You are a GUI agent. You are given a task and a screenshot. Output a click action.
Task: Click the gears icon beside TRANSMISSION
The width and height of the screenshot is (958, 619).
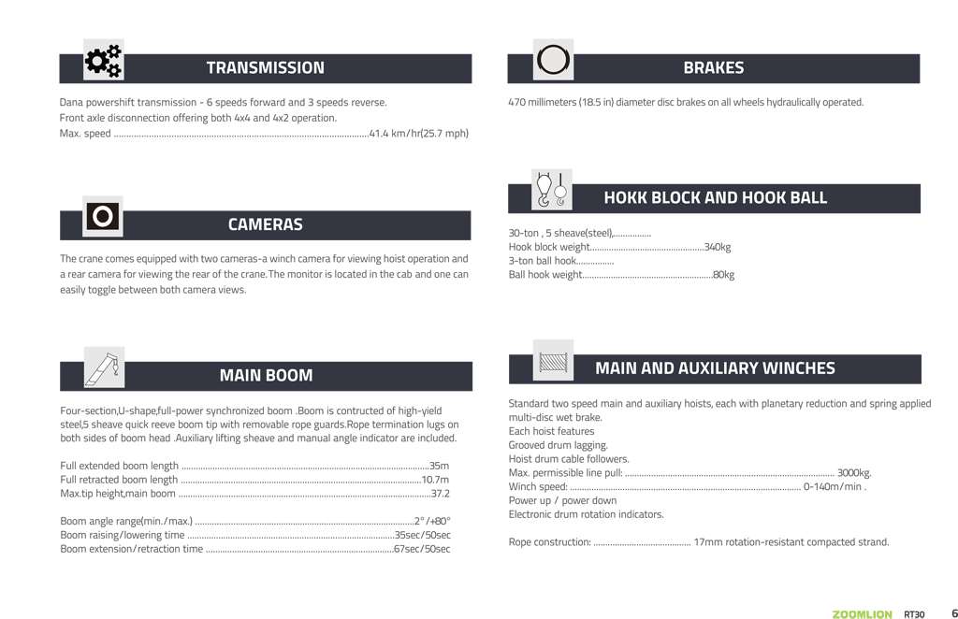point(103,61)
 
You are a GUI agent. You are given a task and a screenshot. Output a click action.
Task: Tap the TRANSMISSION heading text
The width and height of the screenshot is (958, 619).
point(265,68)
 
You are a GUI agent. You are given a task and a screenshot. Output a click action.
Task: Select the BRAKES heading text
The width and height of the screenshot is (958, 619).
point(713,68)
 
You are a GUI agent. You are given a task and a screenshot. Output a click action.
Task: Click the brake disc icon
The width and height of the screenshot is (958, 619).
point(553,60)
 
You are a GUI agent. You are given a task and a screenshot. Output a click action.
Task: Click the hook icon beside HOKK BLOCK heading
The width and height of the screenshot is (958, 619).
point(551,190)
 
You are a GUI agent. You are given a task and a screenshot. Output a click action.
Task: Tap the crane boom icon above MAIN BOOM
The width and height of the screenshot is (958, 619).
point(104,367)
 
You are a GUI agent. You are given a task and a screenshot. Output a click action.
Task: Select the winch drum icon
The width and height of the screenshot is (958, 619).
point(553,361)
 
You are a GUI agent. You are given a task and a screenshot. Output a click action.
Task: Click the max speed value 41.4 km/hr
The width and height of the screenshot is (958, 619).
point(418,134)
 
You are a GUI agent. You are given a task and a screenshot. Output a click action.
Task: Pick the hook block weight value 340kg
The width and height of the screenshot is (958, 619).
point(718,247)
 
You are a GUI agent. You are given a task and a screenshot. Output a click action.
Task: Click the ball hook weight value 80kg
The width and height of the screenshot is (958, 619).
point(723,275)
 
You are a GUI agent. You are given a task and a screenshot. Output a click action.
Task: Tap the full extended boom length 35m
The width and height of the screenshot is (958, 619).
point(439,466)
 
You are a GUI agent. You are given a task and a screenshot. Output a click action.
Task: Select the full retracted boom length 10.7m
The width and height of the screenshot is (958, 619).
point(435,480)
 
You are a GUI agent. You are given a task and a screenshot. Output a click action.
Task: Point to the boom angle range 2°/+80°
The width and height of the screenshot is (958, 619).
point(432,521)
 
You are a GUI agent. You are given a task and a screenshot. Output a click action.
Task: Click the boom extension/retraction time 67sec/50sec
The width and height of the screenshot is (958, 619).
point(421,549)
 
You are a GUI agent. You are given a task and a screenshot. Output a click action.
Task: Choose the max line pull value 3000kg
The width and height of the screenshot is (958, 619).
point(854,473)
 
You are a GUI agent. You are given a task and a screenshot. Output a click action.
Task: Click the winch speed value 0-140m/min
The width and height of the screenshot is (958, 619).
point(835,487)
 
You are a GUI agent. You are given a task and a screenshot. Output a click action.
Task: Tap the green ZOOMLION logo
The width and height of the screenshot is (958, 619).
point(862,614)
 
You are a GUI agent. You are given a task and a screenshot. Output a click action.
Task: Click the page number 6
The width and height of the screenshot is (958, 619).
point(942,613)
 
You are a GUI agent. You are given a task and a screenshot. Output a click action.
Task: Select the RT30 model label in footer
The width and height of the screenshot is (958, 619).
point(914,614)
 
